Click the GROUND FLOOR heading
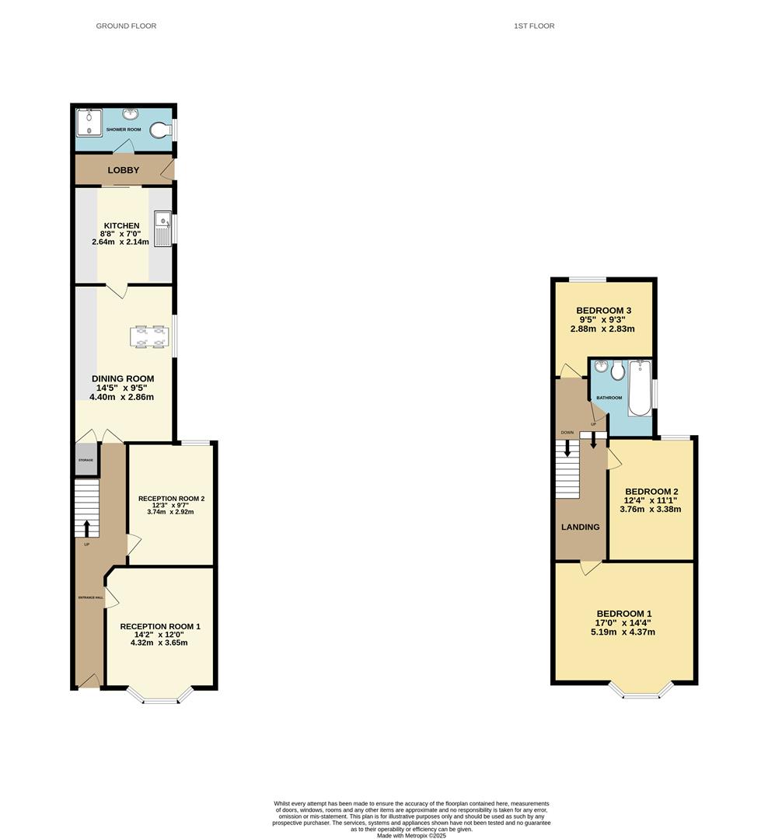126,26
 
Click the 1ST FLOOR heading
534,26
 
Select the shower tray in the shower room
89,123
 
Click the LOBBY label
123,170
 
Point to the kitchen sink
162,228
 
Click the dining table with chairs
149,336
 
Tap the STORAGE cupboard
86,460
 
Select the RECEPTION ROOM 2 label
171,499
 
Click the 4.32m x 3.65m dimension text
159,642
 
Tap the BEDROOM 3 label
603,310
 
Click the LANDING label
581,527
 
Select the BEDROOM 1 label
624,614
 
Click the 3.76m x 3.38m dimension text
650,509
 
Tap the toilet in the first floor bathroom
618,371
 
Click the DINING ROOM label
123,379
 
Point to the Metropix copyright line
411,835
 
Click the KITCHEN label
121,226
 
